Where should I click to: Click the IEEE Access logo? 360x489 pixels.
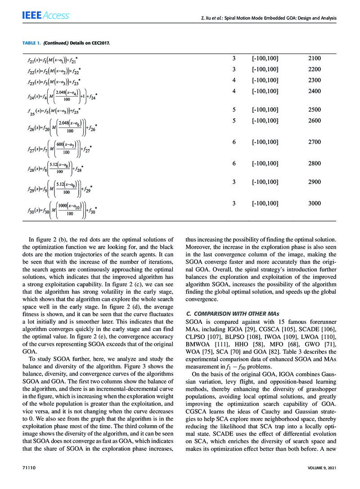(46, 15)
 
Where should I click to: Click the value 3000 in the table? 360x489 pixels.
(315, 203)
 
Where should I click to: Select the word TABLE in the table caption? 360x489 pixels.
(29, 43)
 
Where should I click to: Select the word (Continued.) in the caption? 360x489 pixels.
(58, 43)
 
